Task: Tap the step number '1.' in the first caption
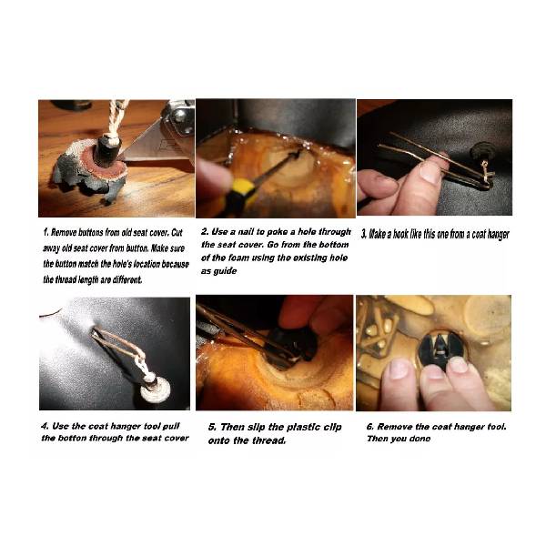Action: point(46,232)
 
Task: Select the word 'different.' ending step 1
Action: point(127,279)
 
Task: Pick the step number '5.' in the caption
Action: point(212,428)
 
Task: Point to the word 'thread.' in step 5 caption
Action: point(269,440)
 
